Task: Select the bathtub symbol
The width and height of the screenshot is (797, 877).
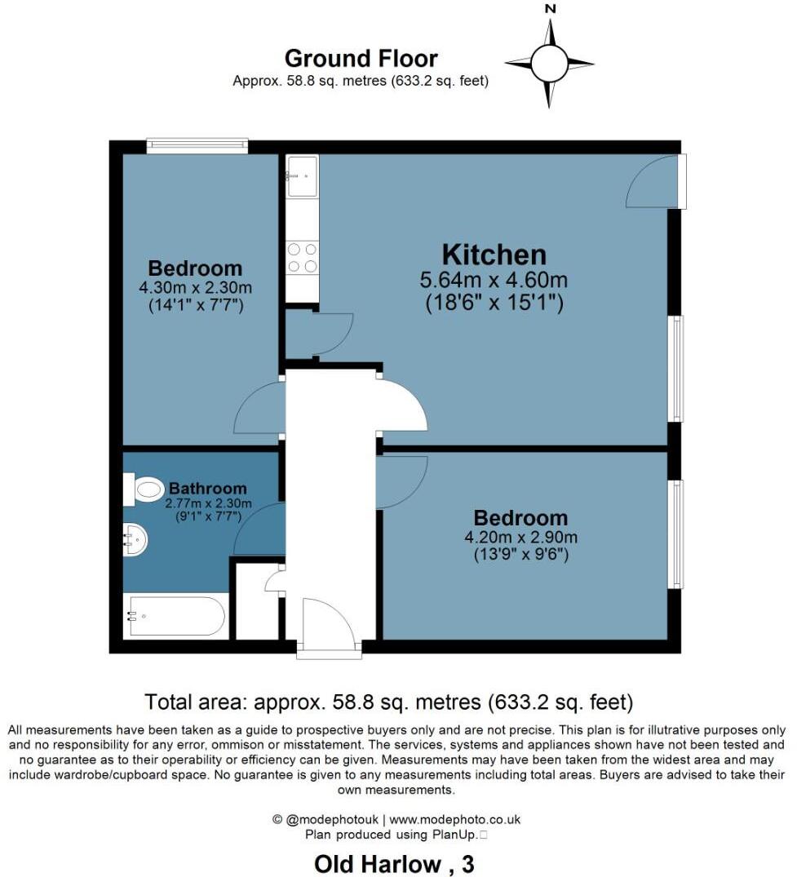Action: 175,617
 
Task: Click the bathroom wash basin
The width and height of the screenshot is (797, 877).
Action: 135,539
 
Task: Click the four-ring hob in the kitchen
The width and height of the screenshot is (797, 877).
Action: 302,258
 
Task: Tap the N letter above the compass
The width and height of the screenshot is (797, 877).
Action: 551,9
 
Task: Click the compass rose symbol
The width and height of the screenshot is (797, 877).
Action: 549,62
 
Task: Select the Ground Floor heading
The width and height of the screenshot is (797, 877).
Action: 361,59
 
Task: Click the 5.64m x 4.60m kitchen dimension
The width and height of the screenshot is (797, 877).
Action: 494,281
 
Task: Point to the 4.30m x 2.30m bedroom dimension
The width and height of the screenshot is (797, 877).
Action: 195,288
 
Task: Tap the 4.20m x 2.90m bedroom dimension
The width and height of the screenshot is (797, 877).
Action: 520,537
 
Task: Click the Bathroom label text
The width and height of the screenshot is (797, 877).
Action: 207,489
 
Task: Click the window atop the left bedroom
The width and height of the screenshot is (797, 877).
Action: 197,146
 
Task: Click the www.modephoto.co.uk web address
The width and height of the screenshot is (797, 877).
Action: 455,819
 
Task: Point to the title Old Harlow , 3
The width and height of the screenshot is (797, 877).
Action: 394,863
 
